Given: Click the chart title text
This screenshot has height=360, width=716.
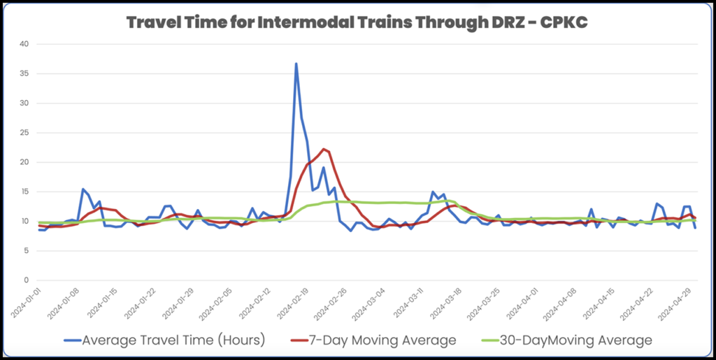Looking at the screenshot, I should click(x=357, y=22).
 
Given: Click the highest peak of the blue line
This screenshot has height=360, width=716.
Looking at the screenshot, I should click(x=296, y=64).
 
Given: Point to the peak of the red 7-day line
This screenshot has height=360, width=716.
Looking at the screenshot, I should click(x=323, y=149).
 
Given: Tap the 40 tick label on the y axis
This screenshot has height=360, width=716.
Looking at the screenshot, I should click(x=24, y=44).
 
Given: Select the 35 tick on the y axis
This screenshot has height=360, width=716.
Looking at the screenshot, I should click(x=24, y=73).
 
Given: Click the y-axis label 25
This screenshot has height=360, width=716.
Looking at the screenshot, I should click(x=24, y=133).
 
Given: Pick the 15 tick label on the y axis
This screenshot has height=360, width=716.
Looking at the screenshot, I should click(x=24, y=192).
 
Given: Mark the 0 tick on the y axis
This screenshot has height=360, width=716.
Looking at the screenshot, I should click(x=27, y=280).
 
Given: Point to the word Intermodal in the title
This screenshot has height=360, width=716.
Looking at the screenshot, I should click(x=265, y=22).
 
